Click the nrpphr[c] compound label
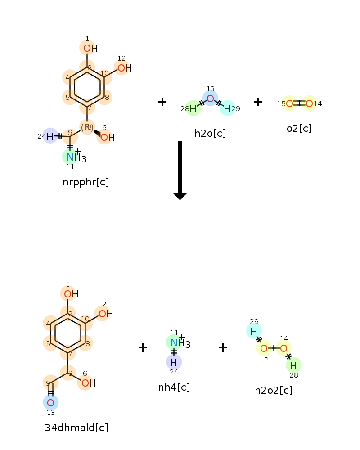click(86, 182)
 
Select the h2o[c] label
click(210, 134)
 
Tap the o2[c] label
click(299, 128)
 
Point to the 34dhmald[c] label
click(76, 427)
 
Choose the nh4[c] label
click(174, 387)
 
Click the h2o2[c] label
click(274, 390)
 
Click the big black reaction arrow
click(180, 170)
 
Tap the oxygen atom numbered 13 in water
click(211, 99)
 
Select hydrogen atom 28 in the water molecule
click(193, 108)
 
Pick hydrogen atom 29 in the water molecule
click(227, 108)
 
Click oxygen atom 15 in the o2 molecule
click(289, 103)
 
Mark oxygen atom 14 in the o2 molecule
click(309, 103)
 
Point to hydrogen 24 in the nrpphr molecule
click(50, 136)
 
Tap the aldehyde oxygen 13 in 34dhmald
click(50, 403)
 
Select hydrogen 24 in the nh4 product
click(174, 362)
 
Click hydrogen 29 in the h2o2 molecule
click(254, 331)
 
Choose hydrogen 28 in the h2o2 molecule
click(293, 365)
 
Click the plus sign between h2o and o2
click(258, 102)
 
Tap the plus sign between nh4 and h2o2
click(223, 347)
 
